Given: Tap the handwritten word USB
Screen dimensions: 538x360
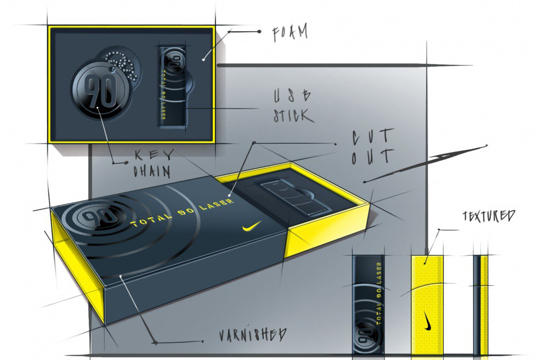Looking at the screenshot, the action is click(292, 95).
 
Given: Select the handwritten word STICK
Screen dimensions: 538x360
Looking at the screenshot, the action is click(293, 115).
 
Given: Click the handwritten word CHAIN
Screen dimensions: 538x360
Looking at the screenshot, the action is click(152, 171).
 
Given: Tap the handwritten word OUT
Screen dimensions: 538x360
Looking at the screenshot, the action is click(372, 156).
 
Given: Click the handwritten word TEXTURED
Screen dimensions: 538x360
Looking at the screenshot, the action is click(489, 216).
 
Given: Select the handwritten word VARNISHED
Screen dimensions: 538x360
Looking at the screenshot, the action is click(252, 334).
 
